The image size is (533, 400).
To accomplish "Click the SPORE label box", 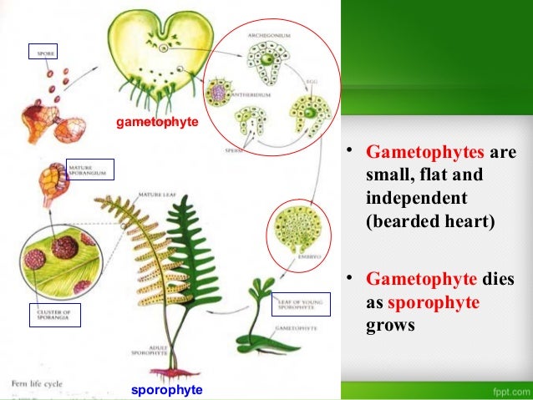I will coord(43,53).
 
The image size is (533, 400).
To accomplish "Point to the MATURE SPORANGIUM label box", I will coord(89,170).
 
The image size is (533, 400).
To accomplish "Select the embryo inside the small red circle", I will coord(298,232).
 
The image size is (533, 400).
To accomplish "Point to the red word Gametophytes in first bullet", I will coord(424,154).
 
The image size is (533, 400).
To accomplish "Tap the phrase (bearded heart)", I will coord(426,224).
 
